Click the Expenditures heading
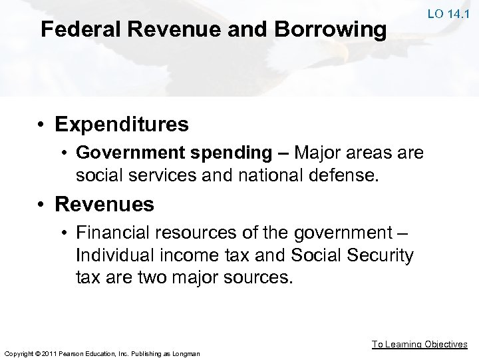click(x=122, y=124)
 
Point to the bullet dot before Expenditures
click(x=45, y=125)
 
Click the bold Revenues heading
click(x=104, y=205)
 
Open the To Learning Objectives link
click(x=419, y=344)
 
